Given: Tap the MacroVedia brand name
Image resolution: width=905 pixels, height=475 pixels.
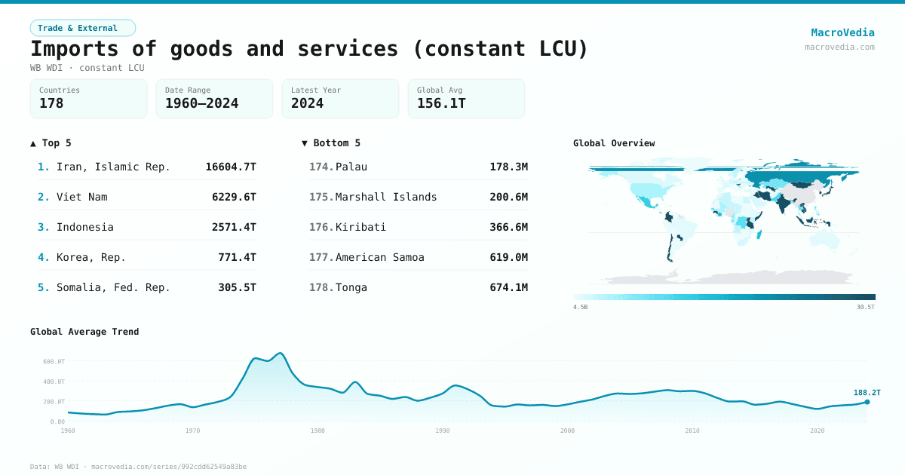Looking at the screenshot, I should click(x=842, y=32).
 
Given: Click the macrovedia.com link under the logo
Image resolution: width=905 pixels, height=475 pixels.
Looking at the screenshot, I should click(x=839, y=47).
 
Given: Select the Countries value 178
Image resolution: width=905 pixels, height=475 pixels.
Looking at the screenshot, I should click(x=51, y=103).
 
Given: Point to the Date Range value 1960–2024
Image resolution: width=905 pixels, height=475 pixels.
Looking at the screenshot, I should click(x=201, y=103).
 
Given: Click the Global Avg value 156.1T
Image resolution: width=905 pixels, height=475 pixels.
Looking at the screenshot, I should click(x=441, y=103).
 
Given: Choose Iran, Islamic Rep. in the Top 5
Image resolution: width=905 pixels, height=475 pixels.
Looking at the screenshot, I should click(x=113, y=167).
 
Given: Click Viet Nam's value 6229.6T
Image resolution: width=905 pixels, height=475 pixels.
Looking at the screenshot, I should click(x=234, y=197).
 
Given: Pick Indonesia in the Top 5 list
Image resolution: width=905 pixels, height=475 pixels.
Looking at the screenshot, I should click(x=84, y=227).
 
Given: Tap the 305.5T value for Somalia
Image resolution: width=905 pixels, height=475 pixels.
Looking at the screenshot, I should click(x=237, y=287).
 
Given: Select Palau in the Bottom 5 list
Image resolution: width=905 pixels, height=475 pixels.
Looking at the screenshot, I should click(x=351, y=167).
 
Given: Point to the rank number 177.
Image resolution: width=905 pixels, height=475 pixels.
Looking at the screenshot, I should click(x=321, y=257).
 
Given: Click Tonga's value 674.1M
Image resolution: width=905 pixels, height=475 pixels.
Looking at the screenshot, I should click(x=508, y=287).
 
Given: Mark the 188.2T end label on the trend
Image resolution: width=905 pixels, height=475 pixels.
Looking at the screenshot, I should click(x=867, y=392).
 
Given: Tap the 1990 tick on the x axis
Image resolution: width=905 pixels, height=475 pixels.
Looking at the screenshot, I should click(x=442, y=431).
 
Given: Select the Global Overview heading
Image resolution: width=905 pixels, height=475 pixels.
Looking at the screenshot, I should click(x=614, y=143).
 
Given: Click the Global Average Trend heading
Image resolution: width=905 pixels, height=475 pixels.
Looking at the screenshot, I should click(x=84, y=332).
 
